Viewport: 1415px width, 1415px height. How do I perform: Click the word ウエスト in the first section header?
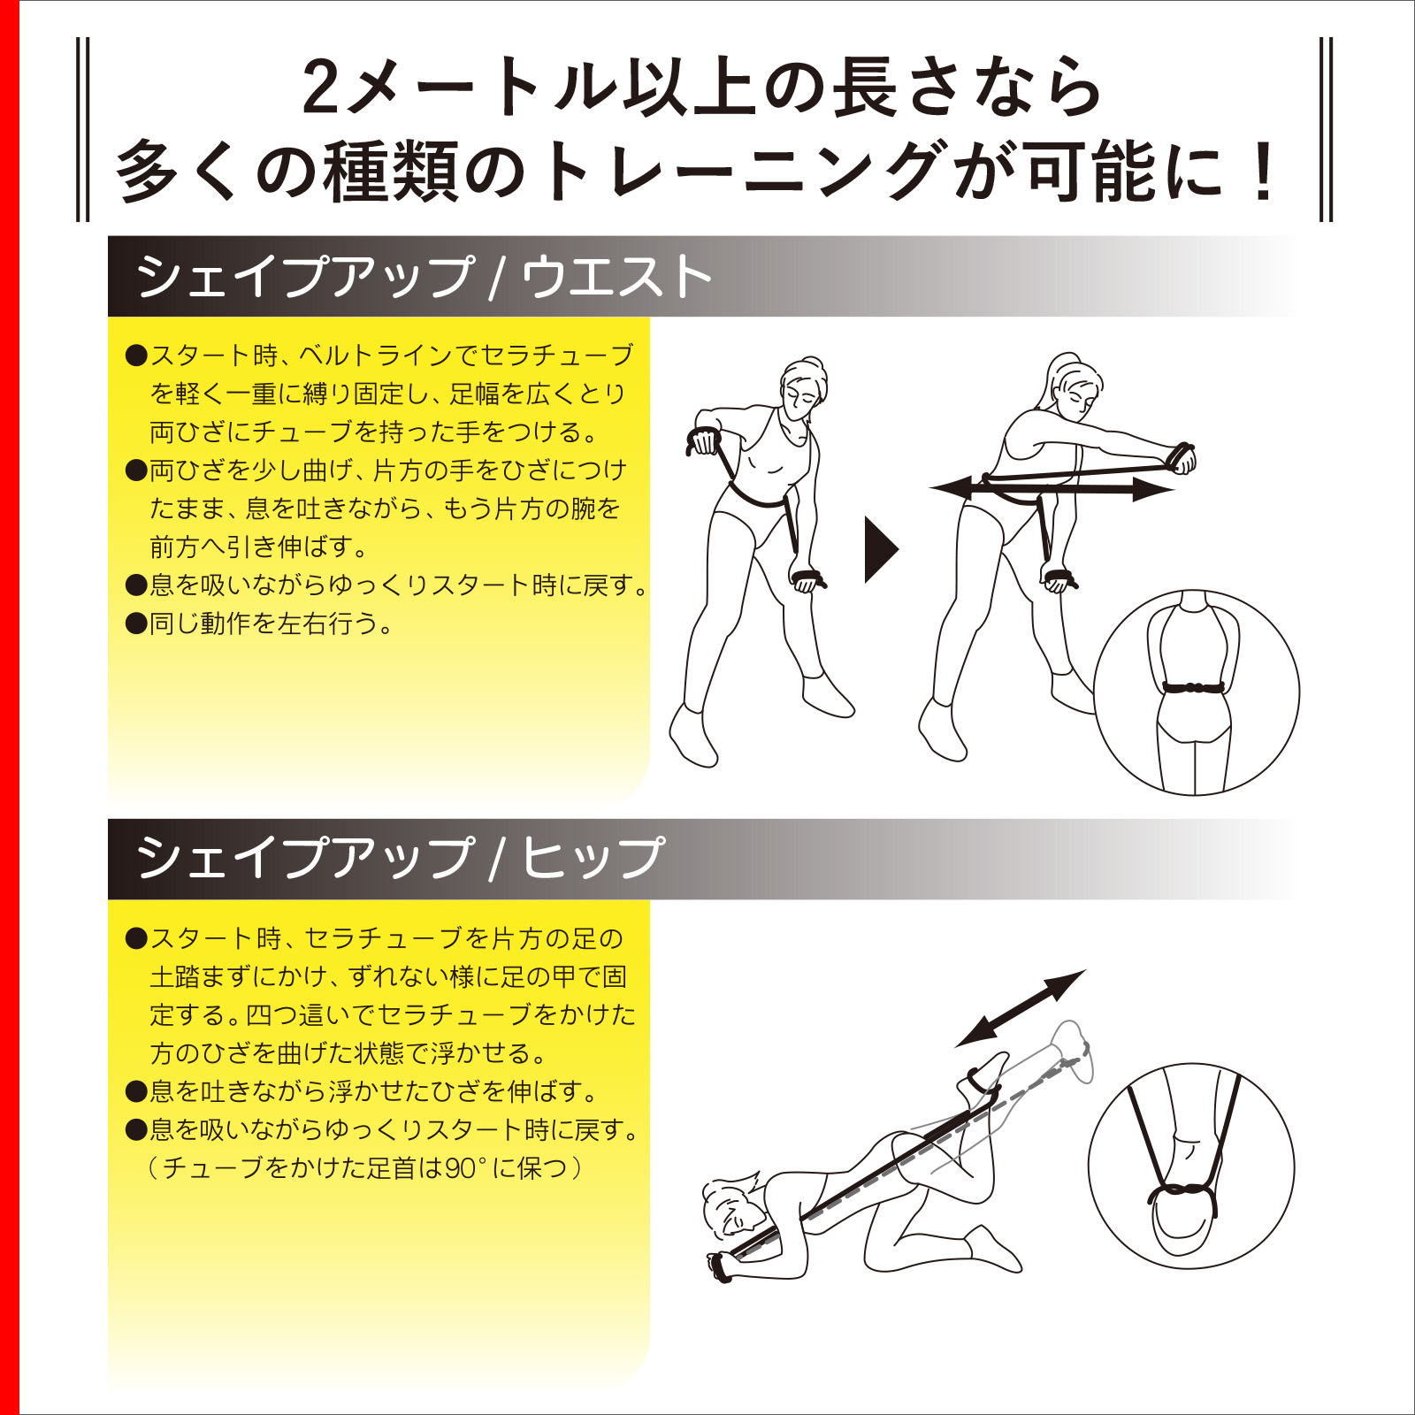[616, 277]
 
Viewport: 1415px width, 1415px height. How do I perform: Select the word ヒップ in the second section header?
[593, 857]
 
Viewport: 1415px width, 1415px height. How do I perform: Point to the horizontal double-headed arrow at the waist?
[1052, 488]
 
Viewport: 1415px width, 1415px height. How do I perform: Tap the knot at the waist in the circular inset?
[1194, 687]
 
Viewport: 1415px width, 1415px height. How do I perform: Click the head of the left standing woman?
[803, 384]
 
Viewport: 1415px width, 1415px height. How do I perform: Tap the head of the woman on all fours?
[730, 1207]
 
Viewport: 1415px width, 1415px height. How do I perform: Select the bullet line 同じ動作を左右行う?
[270, 623]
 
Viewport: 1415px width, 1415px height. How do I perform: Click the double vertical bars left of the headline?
[83, 129]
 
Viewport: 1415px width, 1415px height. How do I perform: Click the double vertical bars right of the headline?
[1325, 129]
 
